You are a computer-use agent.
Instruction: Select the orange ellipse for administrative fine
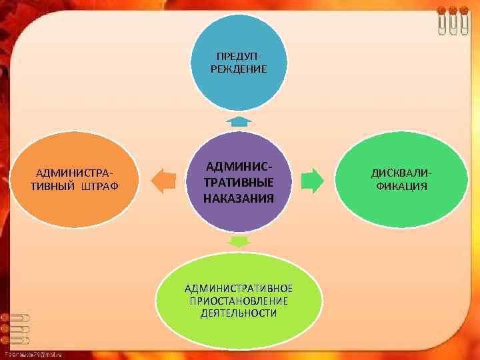pos(74,179)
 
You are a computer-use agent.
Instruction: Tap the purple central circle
pos(239,181)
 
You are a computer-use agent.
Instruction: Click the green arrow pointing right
pos(312,181)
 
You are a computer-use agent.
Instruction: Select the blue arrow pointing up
pos(238,121)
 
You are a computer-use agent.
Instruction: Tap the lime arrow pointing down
pos(238,240)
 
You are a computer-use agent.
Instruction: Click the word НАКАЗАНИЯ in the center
pos(239,198)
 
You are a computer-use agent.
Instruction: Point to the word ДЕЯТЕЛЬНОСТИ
pos(239,312)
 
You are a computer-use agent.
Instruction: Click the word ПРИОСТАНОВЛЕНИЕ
pos(239,300)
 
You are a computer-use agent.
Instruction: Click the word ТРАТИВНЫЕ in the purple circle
pos(239,181)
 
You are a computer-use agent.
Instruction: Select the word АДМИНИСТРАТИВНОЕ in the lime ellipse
pos(239,288)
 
